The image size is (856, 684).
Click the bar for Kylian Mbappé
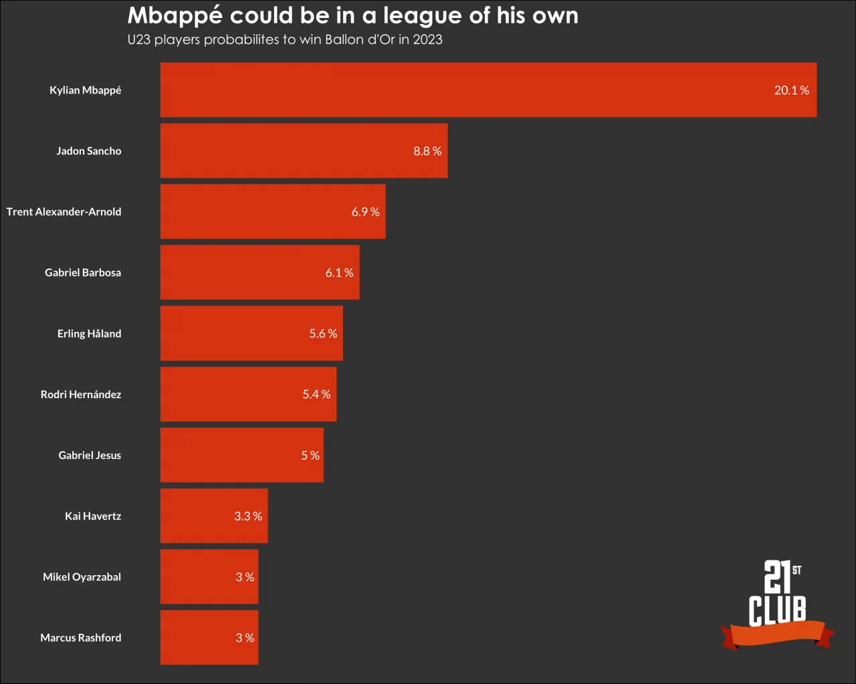click(488, 90)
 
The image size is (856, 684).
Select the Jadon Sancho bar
click(304, 151)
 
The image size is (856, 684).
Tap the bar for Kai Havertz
click(214, 516)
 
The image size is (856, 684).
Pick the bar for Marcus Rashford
click(209, 638)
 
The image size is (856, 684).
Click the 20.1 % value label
click(791, 90)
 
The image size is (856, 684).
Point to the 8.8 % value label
click(427, 151)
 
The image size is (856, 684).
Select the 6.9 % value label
click(365, 212)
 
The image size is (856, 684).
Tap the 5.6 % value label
click(323, 333)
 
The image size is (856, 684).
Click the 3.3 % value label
click(247, 516)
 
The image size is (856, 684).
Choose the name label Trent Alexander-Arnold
click(64, 212)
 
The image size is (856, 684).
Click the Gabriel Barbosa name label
click(83, 273)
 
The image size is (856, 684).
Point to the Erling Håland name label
click(90, 333)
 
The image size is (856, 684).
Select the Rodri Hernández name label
click(81, 394)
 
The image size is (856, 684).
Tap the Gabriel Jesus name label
click(90, 455)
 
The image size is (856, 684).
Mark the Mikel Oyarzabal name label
click(82, 576)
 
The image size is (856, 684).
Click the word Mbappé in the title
click(175, 16)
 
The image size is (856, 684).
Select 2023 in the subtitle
click(427, 39)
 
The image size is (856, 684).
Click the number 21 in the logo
click(777, 576)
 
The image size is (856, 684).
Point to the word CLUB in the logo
click(777, 610)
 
